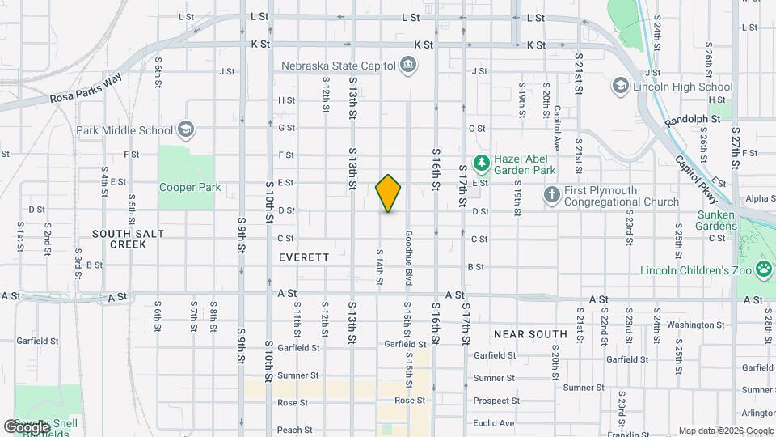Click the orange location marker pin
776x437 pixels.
[388, 193]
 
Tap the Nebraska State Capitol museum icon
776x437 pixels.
[409, 65]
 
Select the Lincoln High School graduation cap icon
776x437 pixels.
[620, 87]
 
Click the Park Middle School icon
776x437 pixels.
[186, 129]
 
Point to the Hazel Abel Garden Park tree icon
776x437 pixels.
[482, 164]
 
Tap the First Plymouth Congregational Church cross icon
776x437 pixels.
[551, 195]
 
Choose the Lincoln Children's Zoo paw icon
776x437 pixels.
[764, 270]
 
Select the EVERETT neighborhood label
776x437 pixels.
[304, 257]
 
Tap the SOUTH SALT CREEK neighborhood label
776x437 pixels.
[128, 239]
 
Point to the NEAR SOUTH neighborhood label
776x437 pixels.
[530, 333]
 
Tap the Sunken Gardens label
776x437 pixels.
[715, 220]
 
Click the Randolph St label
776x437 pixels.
[693, 119]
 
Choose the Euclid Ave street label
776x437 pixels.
[494, 422]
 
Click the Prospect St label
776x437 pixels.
[496, 401]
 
